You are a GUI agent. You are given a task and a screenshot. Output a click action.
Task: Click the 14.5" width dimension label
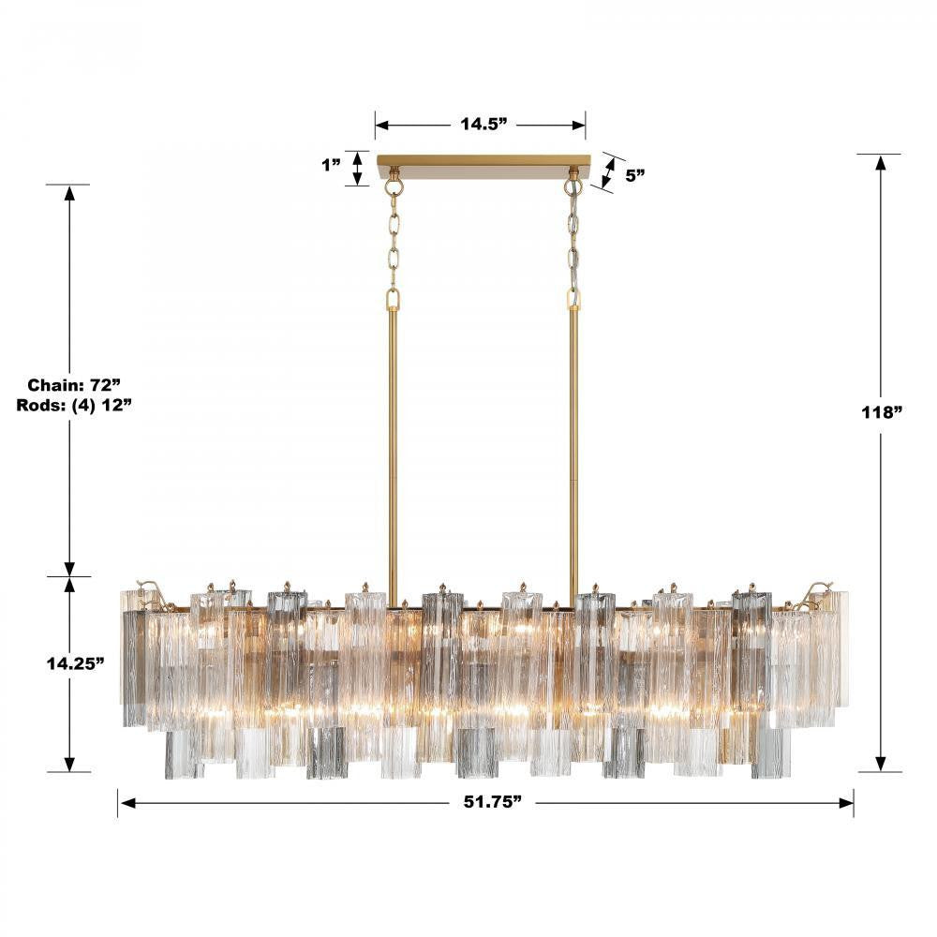[x=483, y=124]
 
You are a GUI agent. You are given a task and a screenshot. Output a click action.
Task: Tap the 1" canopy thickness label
[x=330, y=165]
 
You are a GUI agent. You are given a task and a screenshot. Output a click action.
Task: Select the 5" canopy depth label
[x=635, y=174]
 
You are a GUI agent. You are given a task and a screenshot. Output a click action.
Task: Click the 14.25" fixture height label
[x=75, y=663]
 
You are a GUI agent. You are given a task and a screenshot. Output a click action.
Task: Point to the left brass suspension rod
[x=393, y=440]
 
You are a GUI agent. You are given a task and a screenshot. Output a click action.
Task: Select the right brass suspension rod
[x=573, y=440]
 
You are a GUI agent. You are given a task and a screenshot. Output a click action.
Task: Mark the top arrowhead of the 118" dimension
[x=881, y=162]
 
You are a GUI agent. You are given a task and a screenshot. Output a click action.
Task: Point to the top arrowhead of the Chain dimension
[x=68, y=193]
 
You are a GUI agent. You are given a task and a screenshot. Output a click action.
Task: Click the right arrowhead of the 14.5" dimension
[x=578, y=124]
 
